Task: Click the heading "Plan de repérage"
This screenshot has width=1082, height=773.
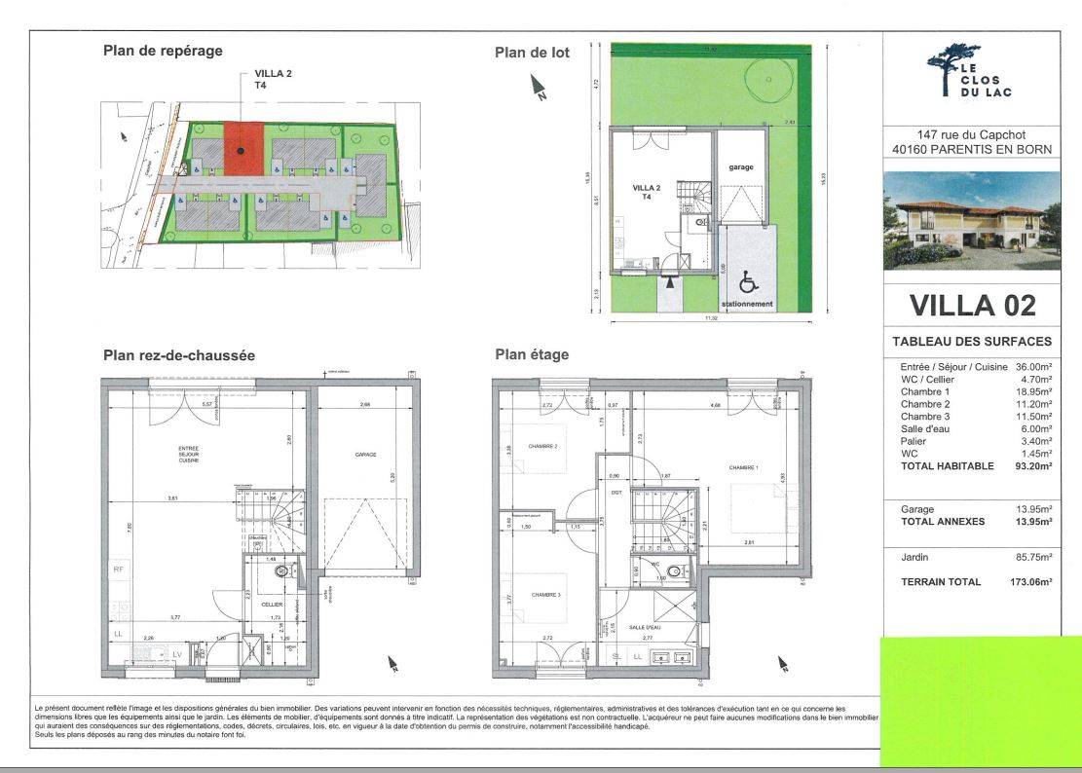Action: pos(163,51)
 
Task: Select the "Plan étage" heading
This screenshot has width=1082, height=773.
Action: pos(532,355)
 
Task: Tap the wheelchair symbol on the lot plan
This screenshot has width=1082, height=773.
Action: pos(748,282)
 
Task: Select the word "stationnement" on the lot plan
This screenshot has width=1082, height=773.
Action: pos(748,304)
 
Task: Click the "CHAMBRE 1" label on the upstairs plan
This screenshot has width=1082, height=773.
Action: pos(743,467)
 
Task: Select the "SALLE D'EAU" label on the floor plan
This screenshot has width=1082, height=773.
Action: pos(645,628)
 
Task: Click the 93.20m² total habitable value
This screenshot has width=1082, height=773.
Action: pos(1035,466)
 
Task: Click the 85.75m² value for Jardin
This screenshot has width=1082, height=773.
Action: pos(1036,558)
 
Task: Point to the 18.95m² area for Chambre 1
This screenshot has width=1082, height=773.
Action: pos(1036,391)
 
